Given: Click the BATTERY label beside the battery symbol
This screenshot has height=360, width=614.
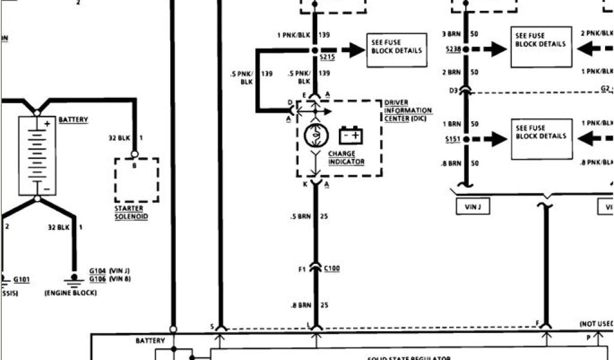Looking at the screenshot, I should pyautogui.click(x=73, y=120).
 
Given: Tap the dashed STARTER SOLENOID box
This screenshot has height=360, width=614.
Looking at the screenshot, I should pyautogui.click(x=137, y=181).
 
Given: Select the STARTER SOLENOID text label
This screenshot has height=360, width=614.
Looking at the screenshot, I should pyautogui.click(x=131, y=212).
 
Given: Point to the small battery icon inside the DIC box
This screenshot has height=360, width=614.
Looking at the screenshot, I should pyautogui.click(x=351, y=136).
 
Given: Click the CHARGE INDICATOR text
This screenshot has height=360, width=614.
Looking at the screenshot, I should pyautogui.click(x=346, y=158).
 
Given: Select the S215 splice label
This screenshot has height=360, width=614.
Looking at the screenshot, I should pyautogui.click(x=326, y=57).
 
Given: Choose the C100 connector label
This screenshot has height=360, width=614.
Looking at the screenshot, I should pyautogui.click(x=331, y=268).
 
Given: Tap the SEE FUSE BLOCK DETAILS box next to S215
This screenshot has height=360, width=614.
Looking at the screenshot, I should pyautogui.click(x=396, y=47).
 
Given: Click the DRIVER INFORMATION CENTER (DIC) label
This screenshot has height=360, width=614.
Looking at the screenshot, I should pyautogui.click(x=408, y=110).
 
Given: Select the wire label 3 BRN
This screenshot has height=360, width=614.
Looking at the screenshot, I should pyautogui.click(x=452, y=34).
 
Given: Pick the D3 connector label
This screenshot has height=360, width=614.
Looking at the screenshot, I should pyautogui.click(x=453, y=91).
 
